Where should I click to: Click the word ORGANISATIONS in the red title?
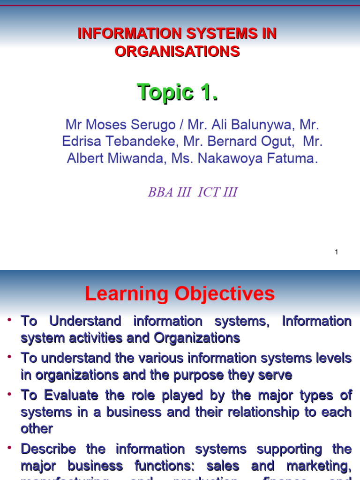[x=177, y=51]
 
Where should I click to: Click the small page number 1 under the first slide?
[x=337, y=252]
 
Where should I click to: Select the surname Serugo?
[x=154, y=125]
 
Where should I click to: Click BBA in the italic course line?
[x=161, y=192]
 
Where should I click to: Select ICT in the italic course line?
[x=209, y=192]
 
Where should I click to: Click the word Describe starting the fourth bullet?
[x=48, y=449]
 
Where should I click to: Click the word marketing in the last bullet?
[x=321, y=466]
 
